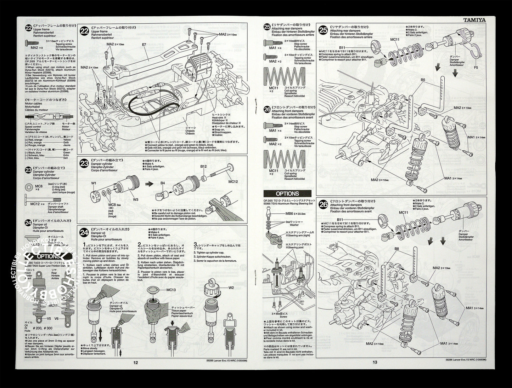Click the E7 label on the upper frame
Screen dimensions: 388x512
pyautogui.click(x=144, y=45)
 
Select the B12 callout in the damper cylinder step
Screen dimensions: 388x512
pyautogui.click(x=203, y=167)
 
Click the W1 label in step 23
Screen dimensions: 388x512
pyautogui.click(x=94, y=183)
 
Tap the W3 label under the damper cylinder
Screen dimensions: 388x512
pyautogui.click(x=136, y=199)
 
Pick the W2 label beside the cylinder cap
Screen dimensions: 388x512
pyautogui.click(x=231, y=288)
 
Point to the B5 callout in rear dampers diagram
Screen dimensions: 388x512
pyautogui.click(x=423, y=80)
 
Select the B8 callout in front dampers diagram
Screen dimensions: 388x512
pyautogui.click(x=397, y=249)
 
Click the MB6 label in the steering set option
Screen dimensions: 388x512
pyautogui.click(x=289, y=214)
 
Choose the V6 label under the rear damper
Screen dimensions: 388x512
pyautogui.click(x=67, y=318)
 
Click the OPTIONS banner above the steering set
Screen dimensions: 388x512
pyautogui.click(x=287, y=194)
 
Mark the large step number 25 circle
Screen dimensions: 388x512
pyautogui.click(x=323, y=30)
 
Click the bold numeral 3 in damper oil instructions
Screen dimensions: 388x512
pyautogui.click(x=195, y=244)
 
